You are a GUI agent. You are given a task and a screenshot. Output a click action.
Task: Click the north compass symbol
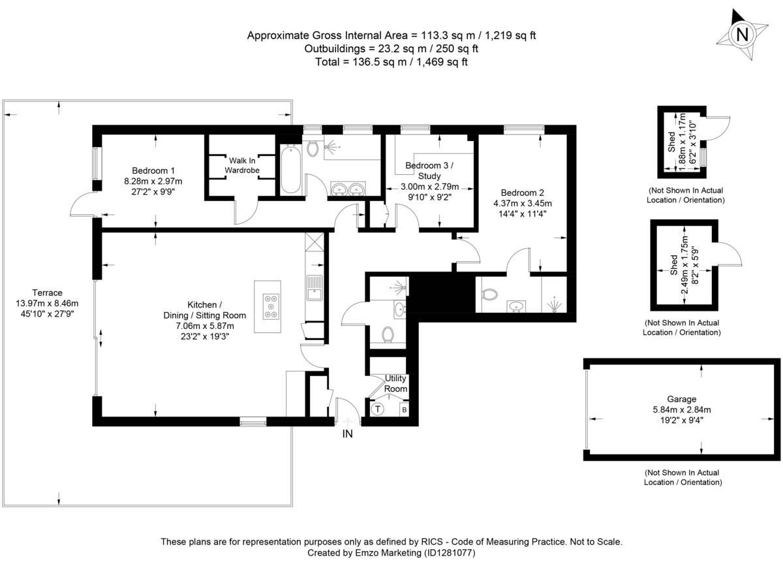tap(742, 34)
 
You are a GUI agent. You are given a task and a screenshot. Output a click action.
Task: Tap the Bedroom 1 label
tap(153, 170)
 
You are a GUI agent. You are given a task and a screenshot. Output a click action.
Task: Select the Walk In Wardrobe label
tap(241, 165)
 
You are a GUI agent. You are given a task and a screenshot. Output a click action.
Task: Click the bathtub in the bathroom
tap(291, 170)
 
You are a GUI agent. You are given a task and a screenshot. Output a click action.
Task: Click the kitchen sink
tap(315, 287)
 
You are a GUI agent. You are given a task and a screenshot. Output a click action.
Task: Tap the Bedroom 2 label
tap(522, 193)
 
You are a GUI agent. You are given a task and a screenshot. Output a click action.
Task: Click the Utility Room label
tap(395, 383)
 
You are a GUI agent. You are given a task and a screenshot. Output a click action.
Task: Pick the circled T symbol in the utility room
tap(378, 410)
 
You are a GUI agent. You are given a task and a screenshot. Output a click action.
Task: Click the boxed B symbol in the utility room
tap(404, 410)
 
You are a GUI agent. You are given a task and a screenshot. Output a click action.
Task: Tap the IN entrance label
tap(347, 433)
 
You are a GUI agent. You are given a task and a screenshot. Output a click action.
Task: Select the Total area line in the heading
tap(391, 62)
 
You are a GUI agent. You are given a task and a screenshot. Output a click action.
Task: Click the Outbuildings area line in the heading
tap(391, 48)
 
